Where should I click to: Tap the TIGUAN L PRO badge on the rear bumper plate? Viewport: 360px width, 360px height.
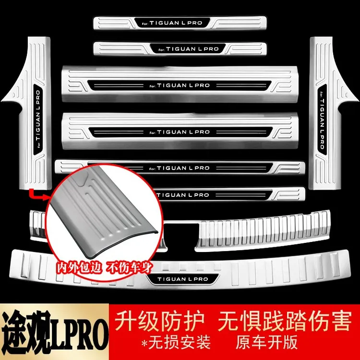pos(182,279)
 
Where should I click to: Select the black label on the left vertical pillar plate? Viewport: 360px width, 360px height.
pos(38,120)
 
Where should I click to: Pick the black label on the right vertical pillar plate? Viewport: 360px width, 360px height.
pos(322,120)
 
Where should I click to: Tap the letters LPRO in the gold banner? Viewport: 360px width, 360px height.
pos(79,333)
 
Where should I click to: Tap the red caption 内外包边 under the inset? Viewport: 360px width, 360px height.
pos(79,267)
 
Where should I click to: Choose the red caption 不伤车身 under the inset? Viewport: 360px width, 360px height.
pos(129,268)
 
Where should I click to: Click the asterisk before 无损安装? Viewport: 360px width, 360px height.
pos(144,343)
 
